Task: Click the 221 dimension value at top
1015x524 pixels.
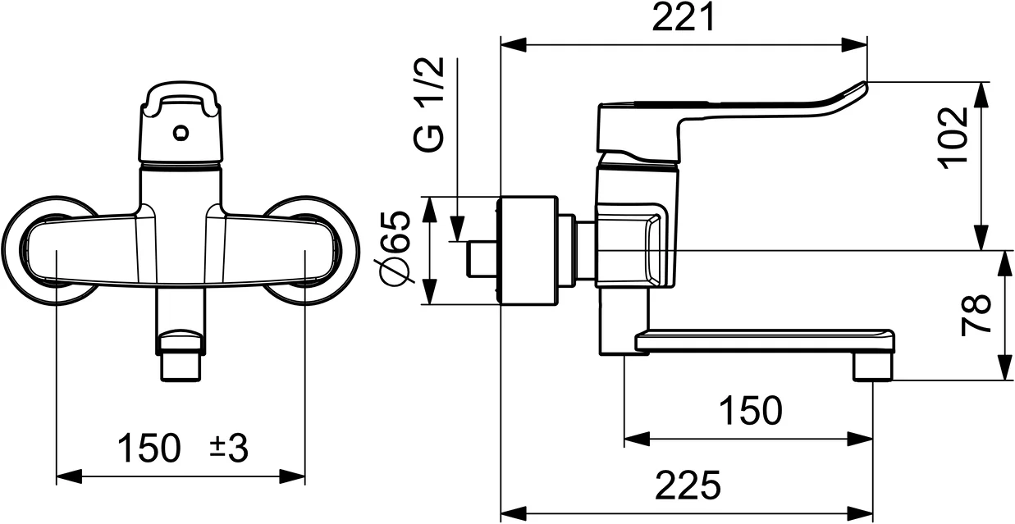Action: click(684, 18)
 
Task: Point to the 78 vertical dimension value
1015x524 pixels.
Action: click(976, 316)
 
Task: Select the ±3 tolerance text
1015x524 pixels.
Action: click(229, 449)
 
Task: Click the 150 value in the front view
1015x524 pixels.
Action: click(149, 449)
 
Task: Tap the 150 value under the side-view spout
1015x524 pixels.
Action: click(750, 411)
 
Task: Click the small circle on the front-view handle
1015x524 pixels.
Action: click(181, 131)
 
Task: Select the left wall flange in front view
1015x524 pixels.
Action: click(33, 250)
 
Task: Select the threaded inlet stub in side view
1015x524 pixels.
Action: click(482, 259)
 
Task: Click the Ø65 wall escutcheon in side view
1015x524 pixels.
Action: click(529, 250)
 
